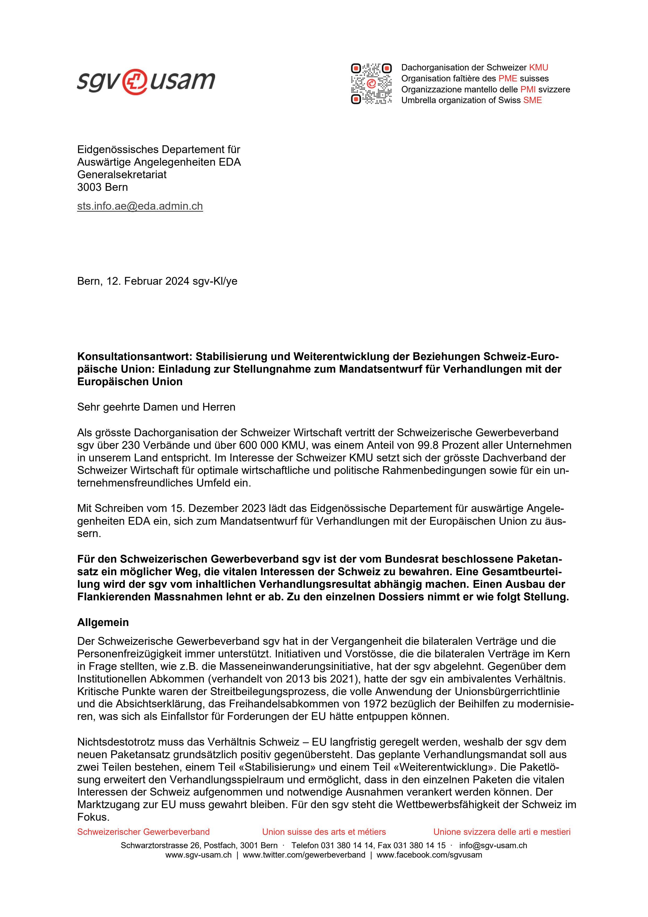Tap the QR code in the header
[x=371, y=84]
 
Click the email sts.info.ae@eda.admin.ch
[x=140, y=206]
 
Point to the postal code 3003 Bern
[x=102, y=187]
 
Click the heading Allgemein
[x=103, y=622]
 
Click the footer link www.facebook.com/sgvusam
[x=429, y=855]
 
